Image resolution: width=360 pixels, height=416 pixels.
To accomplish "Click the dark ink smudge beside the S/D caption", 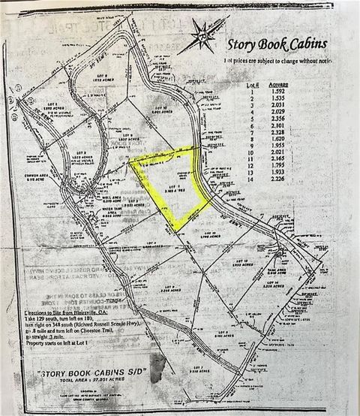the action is pyautogui.click(x=157, y=368).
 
